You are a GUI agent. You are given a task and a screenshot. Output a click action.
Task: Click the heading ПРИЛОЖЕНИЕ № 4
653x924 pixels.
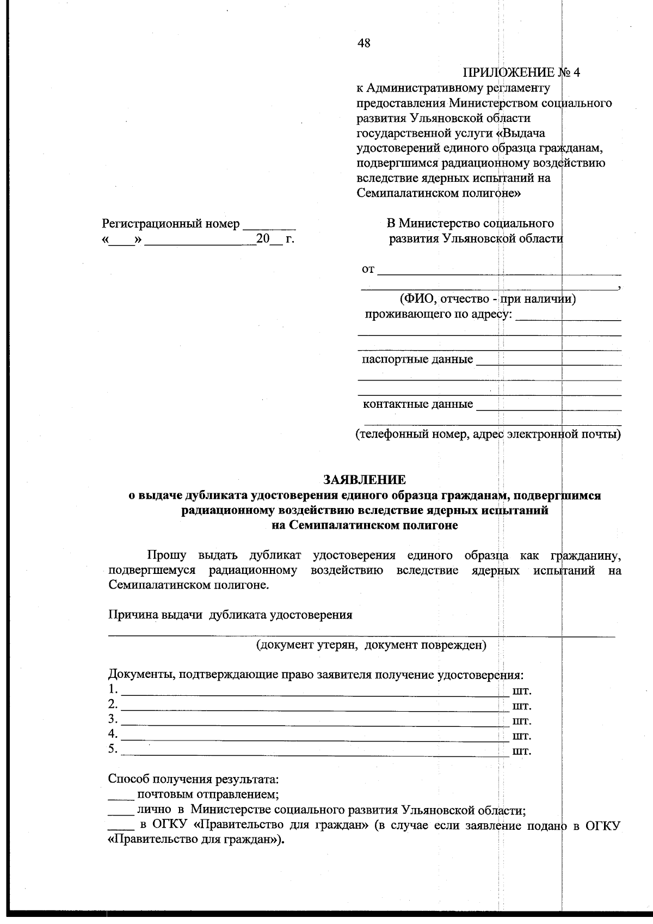click(x=521, y=73)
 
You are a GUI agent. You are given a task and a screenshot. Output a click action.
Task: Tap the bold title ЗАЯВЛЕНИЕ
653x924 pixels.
click(x=365, y=480)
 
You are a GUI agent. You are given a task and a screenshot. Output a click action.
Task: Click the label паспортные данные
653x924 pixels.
click(x=417, y=359)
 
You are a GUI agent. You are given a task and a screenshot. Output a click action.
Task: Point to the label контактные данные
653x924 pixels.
click(x=417, y=405)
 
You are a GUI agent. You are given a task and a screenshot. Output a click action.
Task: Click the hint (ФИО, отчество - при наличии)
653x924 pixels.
click(x=488, y=298)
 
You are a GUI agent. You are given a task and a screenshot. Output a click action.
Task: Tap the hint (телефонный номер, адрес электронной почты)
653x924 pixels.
click(x=488, y=435)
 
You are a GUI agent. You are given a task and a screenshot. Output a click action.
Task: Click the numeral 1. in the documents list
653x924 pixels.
click(x=113, y=690)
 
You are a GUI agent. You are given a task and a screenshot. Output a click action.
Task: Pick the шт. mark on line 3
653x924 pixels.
click(x=522, y=721)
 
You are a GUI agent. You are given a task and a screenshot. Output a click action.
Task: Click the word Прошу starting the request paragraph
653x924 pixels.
click(x=167, y=555)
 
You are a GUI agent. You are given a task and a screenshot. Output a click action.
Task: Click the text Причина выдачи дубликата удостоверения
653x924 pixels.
click(x=230, y=615)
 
